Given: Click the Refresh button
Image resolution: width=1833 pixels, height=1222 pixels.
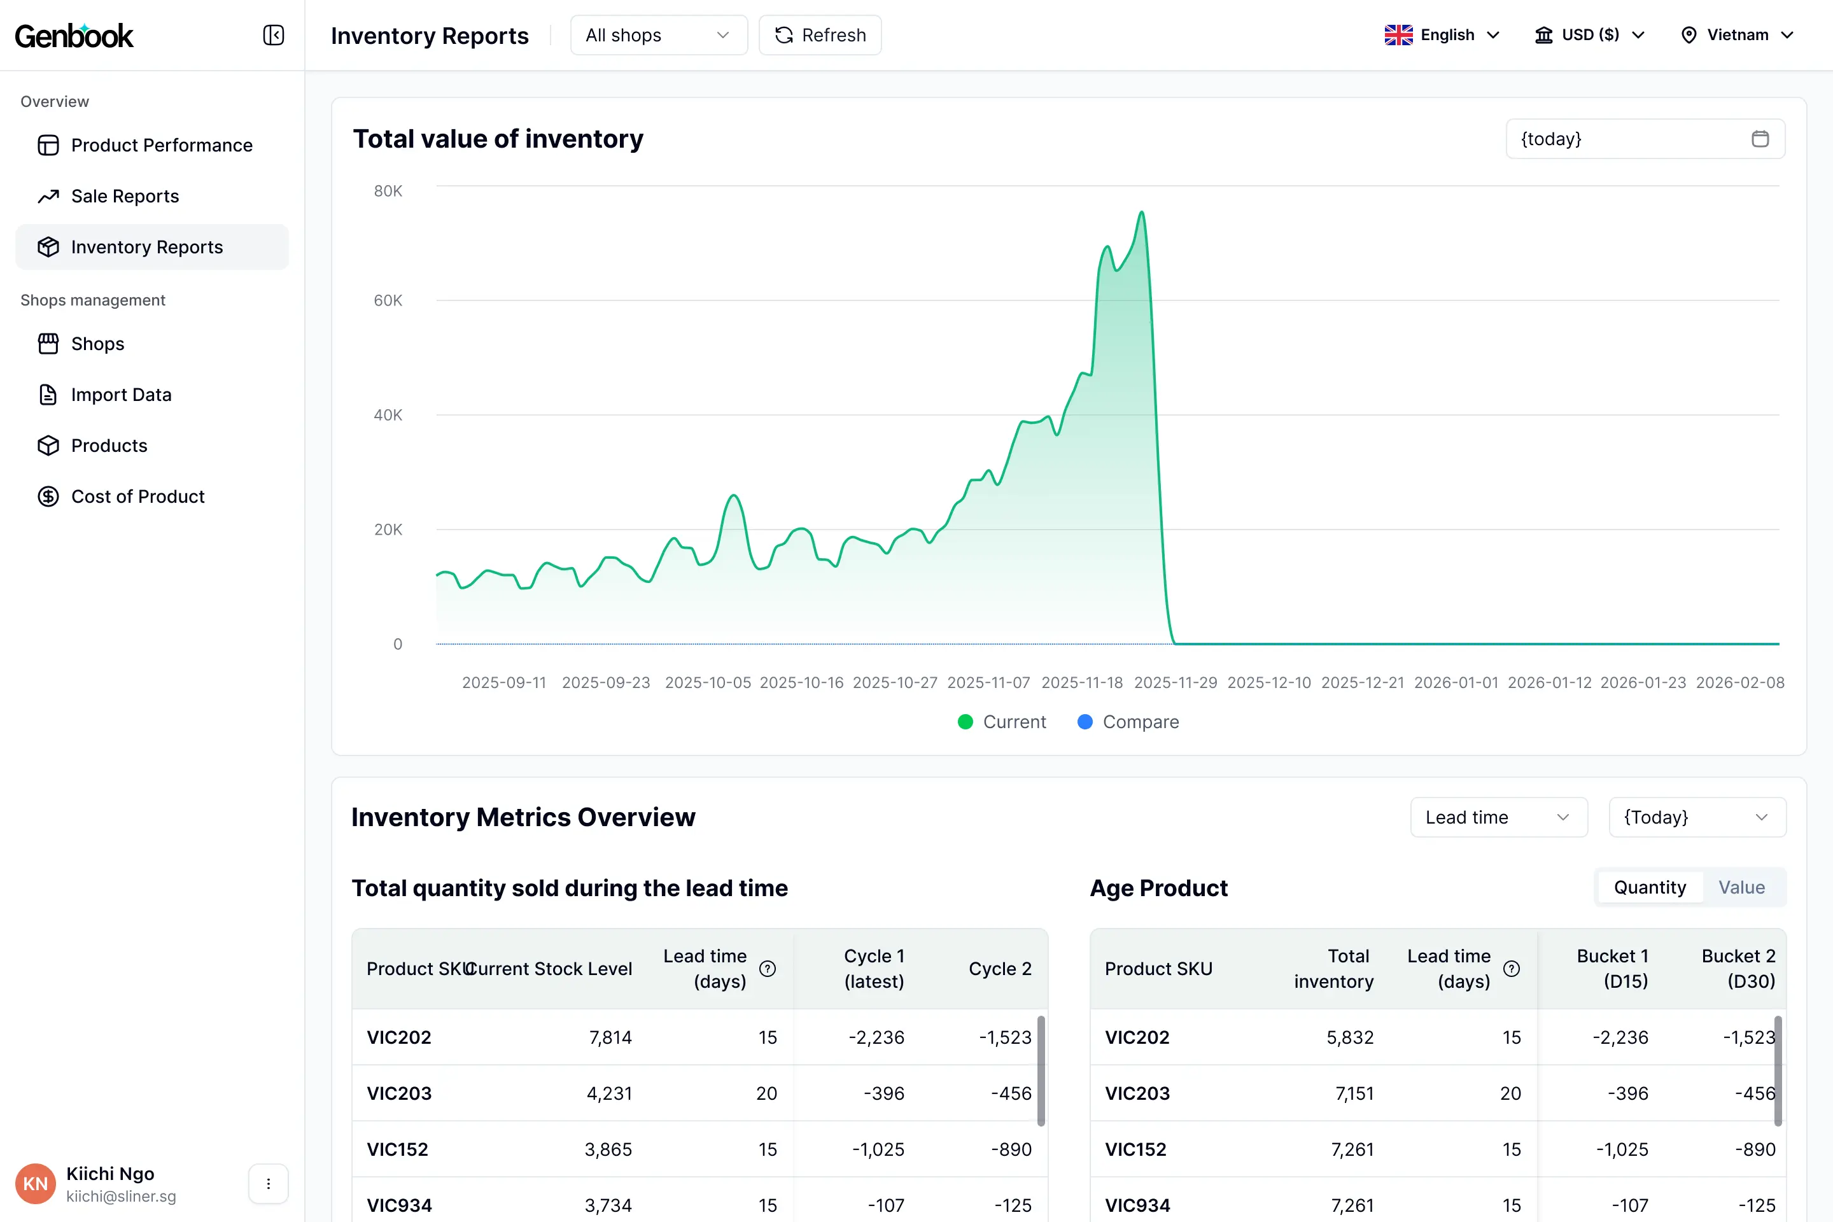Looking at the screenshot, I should [820, 35].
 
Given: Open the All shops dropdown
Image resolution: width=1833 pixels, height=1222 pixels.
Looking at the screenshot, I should [659, 35].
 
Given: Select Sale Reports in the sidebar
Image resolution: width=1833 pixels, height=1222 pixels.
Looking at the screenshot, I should [125, 197].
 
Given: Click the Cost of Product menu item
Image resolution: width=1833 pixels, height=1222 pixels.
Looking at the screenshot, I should [137, 496].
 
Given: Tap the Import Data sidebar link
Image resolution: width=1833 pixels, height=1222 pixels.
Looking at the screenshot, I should [121, 395].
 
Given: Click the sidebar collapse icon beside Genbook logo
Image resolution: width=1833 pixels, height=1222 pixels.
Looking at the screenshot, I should [274, 35].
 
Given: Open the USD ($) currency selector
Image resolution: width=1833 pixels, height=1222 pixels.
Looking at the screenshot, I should [1590, 35].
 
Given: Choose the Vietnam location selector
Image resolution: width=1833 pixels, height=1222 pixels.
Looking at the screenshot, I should [1737, 35].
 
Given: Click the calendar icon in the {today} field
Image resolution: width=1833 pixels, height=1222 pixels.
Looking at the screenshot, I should [1760, 139].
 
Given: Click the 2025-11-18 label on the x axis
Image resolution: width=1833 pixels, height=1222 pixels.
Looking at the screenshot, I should [1082, 683].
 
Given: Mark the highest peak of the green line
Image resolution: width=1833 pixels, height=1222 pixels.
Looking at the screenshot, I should [1142, 212].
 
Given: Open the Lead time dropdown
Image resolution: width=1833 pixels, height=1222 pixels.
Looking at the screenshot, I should [1498, 817].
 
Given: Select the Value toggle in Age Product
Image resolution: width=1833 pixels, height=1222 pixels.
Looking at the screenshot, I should [1741, 888].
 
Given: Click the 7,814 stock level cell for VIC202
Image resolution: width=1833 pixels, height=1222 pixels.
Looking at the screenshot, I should [610, 1037].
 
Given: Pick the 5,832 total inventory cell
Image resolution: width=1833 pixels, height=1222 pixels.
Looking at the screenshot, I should [1350, 1037].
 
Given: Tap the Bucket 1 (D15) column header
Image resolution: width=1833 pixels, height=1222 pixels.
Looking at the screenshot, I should [1612, 969].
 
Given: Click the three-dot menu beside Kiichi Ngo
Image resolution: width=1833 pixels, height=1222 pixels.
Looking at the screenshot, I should [268, 1184].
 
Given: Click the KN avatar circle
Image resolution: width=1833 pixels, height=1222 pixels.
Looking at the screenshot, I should [35, 1184].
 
